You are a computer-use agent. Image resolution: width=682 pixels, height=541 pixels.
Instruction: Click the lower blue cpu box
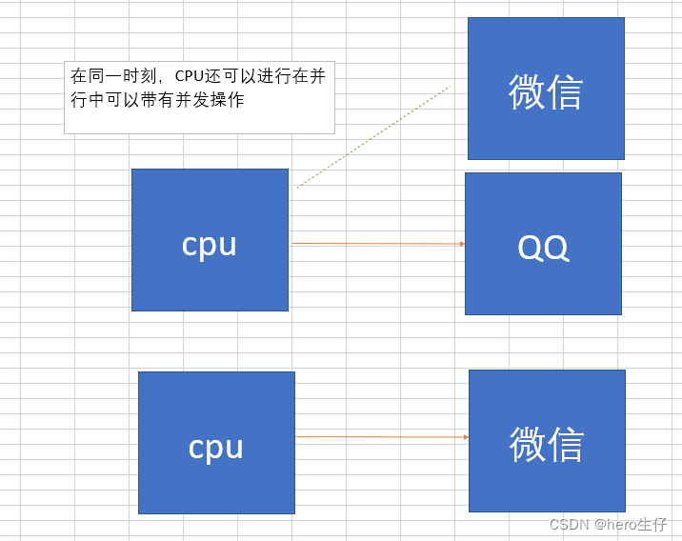point(216,476)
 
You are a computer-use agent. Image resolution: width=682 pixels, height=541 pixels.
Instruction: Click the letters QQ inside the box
point(543,248)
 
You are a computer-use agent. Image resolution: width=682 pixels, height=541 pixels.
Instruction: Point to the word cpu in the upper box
point(210,245)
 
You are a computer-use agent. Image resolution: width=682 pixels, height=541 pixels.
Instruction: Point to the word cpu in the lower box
point(216,447)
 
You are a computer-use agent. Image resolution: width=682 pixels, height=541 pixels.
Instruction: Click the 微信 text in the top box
point(546,92)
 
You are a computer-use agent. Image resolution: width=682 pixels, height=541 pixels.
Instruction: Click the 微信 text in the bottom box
point(547,445)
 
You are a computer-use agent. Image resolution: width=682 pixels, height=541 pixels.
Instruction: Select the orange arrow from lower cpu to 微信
point(381,437)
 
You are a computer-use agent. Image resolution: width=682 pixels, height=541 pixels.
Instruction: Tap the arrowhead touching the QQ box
point(462,244)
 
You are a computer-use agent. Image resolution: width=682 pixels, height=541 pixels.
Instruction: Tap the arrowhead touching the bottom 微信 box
point(466,437)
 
